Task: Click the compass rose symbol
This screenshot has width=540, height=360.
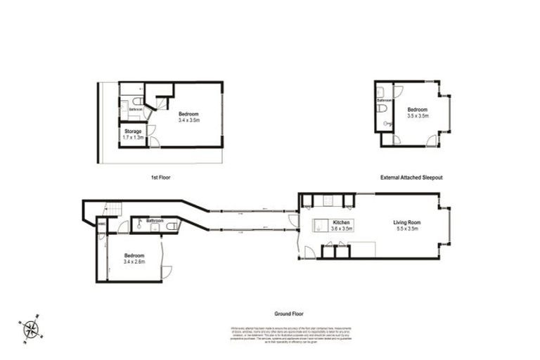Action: (x=31, y=328)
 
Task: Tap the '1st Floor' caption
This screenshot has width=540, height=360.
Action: (x=160, y=178)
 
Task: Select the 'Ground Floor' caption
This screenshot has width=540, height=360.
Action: (x=289, y=314)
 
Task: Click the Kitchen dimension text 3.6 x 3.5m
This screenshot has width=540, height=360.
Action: (x=342, y=229)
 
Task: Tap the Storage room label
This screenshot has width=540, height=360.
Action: (x=133, y=131)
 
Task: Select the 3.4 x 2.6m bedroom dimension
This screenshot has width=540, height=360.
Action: (x=134, y=262)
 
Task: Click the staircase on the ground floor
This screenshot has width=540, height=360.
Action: (x=112, y=208)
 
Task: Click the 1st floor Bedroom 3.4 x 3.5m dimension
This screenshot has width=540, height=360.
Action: (x=188, y=120)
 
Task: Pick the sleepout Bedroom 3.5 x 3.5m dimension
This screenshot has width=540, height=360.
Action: (x=417, y=116)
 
